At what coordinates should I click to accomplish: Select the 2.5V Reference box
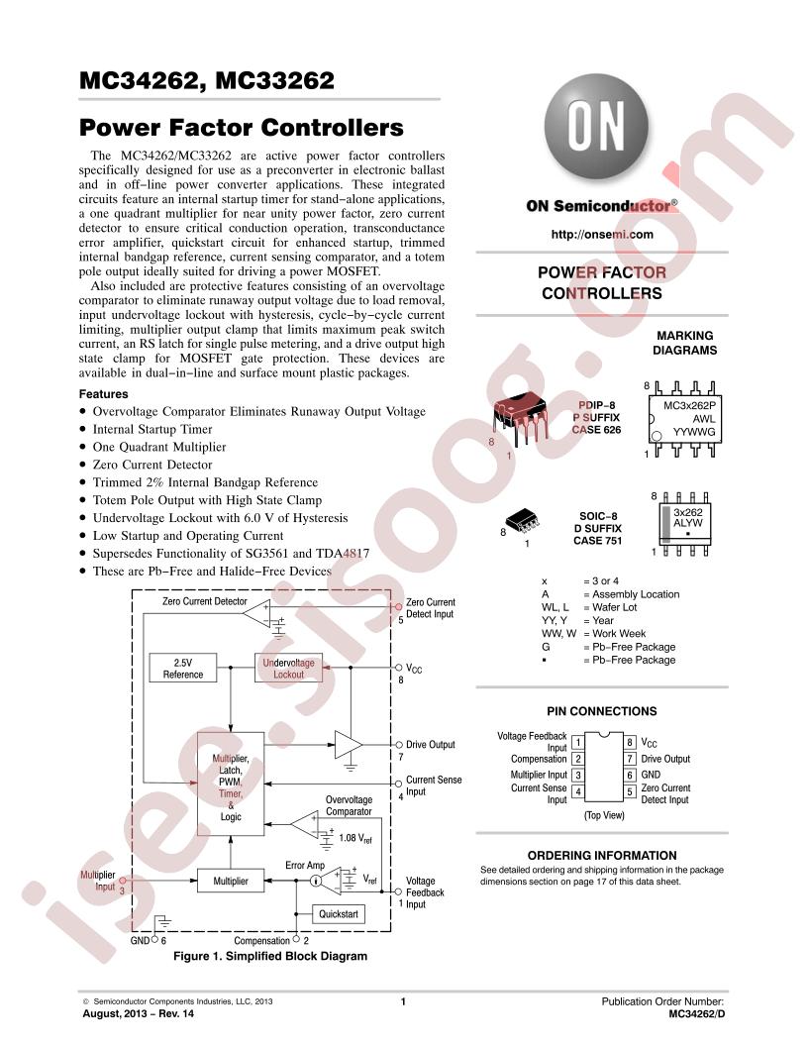(182, 669)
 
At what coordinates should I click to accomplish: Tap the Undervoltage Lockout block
(288, 669)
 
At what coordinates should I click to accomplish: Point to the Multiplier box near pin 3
(231, 881)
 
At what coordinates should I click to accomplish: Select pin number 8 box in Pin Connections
(630, 742)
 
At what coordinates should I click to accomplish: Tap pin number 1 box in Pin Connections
(577, 742)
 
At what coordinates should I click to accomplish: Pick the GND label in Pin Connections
(651, 775)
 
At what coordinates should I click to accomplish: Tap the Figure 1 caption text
(269, 957)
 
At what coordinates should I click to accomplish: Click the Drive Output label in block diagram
(430, 745)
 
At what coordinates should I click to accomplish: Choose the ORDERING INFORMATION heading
(601, 855)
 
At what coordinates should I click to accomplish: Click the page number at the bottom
(403, 1002)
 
